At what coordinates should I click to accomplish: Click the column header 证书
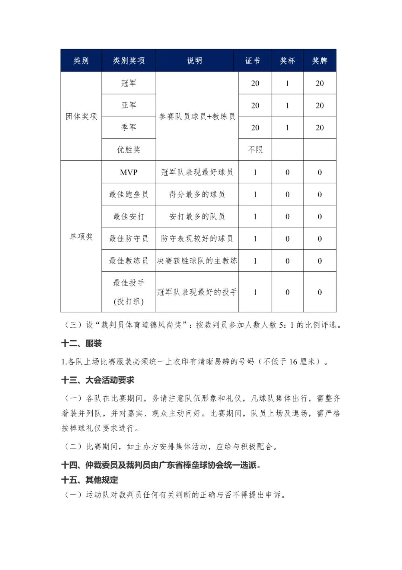click(252, 60)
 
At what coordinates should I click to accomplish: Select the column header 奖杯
click(287, 60)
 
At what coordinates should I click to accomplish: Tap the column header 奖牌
click(320, 60)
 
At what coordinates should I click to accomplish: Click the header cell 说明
click(194, 60)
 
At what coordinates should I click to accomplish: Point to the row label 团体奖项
click(81, 116)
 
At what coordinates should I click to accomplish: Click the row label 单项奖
click(81, 236)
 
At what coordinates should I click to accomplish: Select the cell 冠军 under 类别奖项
click(129, 83)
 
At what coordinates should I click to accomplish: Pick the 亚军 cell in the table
click(129, 106)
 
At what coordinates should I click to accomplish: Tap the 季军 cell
click(129, 127)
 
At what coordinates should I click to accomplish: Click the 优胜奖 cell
click(129, 150)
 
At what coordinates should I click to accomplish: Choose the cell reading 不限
click(255, 150)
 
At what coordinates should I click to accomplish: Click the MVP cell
click(129, 172)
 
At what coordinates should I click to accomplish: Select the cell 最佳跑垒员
click(129, 194)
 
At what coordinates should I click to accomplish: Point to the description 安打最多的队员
click(197, 217)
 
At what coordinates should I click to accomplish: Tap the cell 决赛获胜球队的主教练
click(197, 261)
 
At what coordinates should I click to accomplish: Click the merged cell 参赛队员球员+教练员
click(197, 116)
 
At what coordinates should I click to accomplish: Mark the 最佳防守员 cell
click(129, 239)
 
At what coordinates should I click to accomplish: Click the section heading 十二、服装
click(82, 343)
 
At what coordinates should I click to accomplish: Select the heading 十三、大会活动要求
click(98, 380)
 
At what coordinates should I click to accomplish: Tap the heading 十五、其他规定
click(89, 480)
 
